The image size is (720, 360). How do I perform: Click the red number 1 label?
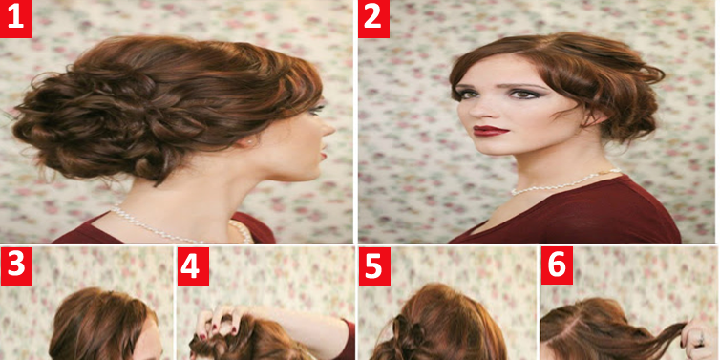tap(15, 19)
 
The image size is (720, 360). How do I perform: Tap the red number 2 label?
tap(373, 19)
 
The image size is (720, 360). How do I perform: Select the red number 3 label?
tap(16, 266)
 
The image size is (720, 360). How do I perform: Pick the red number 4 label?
tap(193, 266)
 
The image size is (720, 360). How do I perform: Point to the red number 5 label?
tap(374, 266)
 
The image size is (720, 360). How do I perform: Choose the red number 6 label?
tap(557, 265)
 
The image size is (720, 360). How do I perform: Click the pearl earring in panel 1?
tap(249, 143)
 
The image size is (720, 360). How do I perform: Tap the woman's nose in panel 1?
tap(328, 129)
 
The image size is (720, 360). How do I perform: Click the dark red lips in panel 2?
tap(492, 131)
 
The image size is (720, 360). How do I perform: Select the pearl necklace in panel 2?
tap(565, 182)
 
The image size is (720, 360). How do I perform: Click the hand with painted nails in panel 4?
tap(221, 325)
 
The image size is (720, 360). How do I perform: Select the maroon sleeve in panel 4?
tap(346, 339)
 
